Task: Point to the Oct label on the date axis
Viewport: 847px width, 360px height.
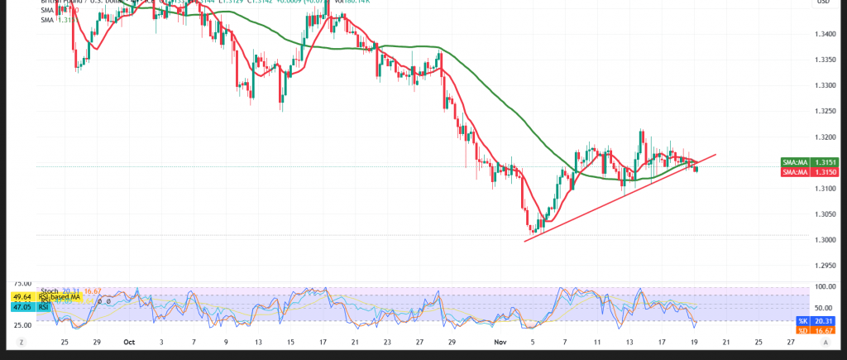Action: [x=129, y=341]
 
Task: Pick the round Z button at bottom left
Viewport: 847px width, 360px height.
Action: [x=22, y=342]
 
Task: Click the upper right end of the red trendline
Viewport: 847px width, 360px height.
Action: [x=715, y=155]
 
